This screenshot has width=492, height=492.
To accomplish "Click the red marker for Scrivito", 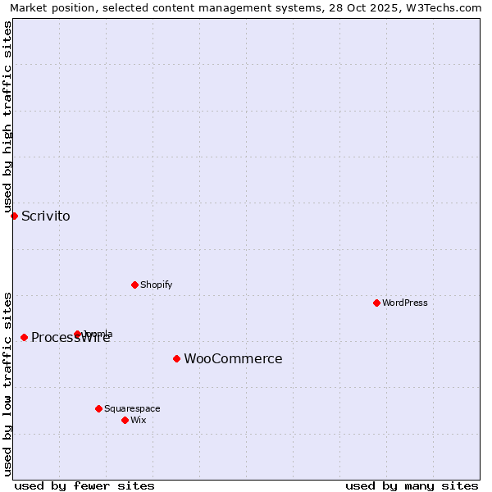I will (x=14, y=216).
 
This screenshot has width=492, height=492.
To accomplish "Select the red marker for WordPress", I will (x=376, y=303).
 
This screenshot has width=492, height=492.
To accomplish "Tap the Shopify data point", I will (x=134, y=285).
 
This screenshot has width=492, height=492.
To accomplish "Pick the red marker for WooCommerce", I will (x=176, y=358).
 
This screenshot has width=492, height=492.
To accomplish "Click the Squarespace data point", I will (x=98, y=408).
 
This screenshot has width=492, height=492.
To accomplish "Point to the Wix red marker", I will (x=125, y=420).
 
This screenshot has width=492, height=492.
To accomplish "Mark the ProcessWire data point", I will (x=24, y=337).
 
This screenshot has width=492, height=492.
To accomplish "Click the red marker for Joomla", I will (x=77, y=334).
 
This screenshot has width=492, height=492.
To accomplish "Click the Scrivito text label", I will (x=46, y=216).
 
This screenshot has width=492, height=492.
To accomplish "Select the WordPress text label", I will (x=405, y=303).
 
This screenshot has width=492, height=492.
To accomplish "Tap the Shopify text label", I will (x=156, y=285).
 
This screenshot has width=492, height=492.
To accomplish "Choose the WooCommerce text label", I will (x=233, y=358).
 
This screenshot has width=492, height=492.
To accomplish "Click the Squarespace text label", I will (x=132, y=408).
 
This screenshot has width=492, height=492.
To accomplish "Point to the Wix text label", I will (x=138, y=420).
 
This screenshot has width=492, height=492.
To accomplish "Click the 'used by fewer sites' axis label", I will (x=84, y=485).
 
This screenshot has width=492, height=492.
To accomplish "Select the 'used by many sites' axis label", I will (x=412, y=485).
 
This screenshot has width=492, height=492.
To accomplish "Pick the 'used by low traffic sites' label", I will (x=7, y=383).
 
